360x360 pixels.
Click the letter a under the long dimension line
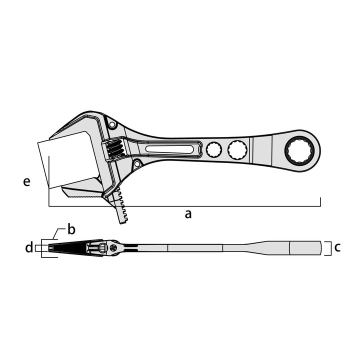(188, 214)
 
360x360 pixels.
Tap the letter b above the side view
(71, 229)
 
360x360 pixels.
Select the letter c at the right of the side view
(337, 247)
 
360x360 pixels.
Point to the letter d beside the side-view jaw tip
(29, 247)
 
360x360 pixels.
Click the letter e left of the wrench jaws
(27, 182)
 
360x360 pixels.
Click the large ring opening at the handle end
(299, 150)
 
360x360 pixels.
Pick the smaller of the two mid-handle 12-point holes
(214, 150)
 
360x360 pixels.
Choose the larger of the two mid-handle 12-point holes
(237, 150)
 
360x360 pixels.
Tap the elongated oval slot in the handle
(169, 149)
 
